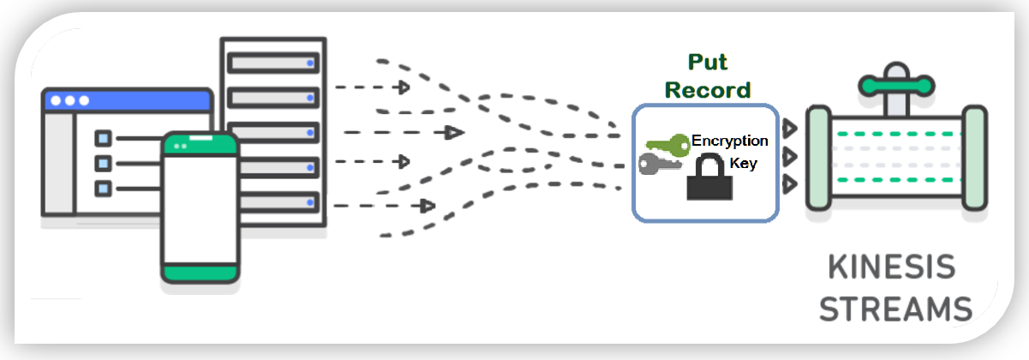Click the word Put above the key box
[708, 63]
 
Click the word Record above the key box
[708, 89]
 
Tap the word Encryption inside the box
[729, 141]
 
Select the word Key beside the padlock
[743, 163]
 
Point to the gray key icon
[656, 164]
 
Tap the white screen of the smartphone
[200, 206]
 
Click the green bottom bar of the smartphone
[200, 272]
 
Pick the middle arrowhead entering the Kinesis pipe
[790, 156]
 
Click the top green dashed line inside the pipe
[895, 135]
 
